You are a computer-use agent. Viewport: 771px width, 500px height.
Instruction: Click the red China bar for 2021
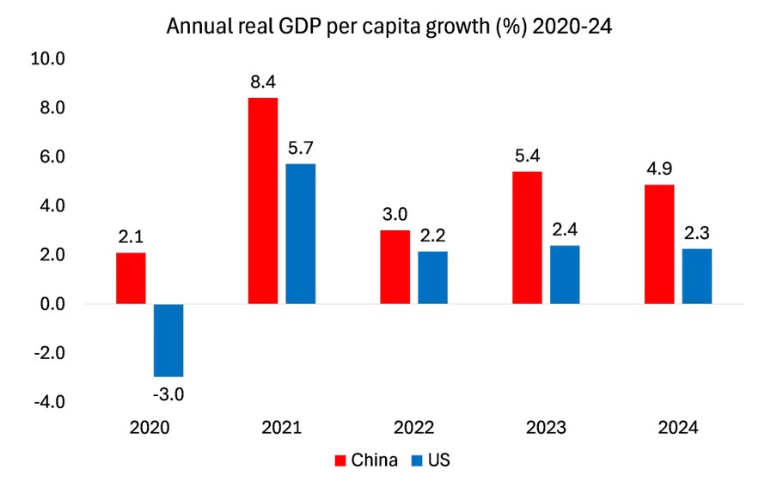click(x=262, y=201)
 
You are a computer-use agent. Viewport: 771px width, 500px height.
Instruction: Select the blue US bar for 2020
click(x=168, y=340)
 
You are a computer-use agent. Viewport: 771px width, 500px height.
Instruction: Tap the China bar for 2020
click(x=130, y=278)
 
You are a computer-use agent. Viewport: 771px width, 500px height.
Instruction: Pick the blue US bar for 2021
click(x=301, y=234)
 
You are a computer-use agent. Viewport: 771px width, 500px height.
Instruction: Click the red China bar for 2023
click(x=527, y=238)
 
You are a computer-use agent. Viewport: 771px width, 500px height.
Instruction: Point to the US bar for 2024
click(x=697, y=276)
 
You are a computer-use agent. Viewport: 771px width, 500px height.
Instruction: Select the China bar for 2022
click(x=395, y=267)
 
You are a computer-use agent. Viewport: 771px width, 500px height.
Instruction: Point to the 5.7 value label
click(x=301, y=148)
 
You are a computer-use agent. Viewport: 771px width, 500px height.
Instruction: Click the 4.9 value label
click(x=659, y=168)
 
